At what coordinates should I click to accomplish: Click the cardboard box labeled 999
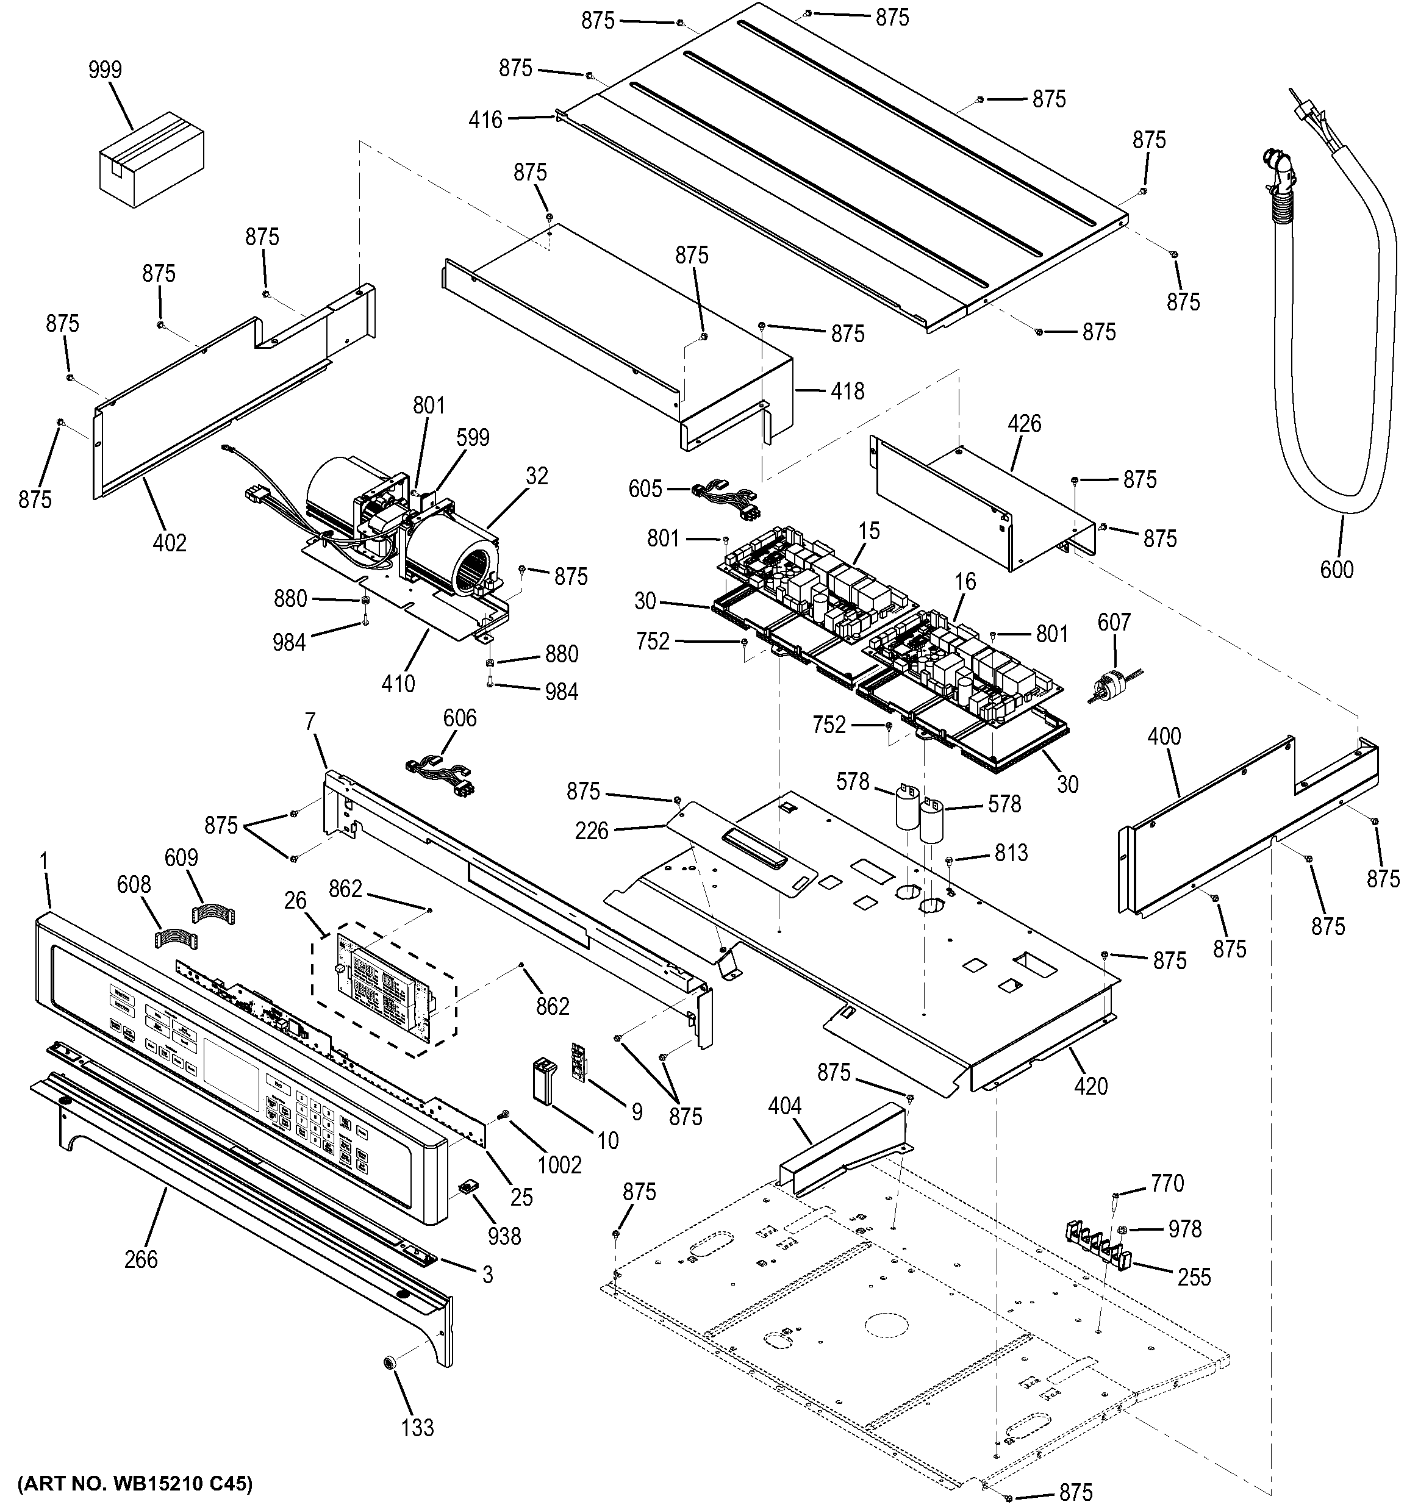click(152, 158)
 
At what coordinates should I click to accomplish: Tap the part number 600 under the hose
click(1336, 569)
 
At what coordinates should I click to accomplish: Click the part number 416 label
click(485, 120)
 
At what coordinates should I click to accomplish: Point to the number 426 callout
click(1024, 424)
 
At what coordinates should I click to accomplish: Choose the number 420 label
click(1090, 1086)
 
